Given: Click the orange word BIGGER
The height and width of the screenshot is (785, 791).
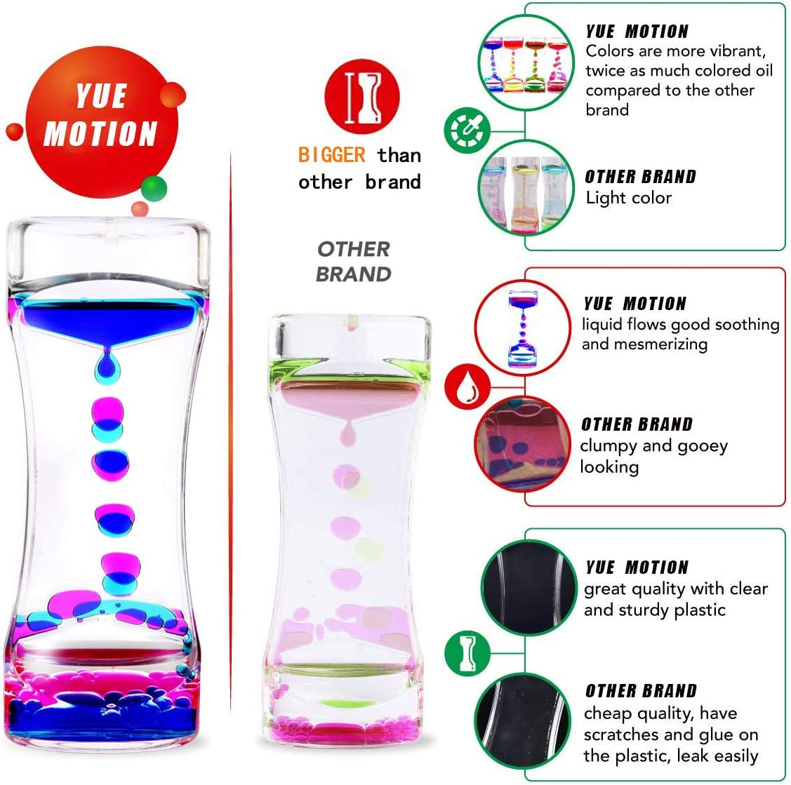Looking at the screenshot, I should coord(332,155).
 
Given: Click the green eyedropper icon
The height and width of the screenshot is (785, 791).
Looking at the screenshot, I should coord(467,129).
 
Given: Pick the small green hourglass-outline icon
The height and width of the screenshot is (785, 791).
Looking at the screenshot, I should coord(467,652).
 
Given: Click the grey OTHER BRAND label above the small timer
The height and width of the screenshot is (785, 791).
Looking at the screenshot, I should coord(353,261).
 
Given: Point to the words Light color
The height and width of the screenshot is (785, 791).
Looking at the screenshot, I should coord(629,198).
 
